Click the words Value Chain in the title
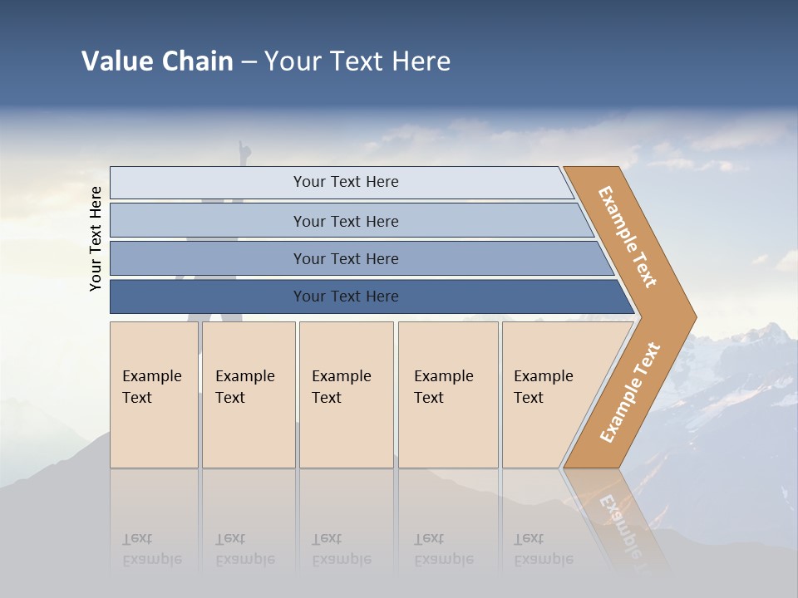point(157,61)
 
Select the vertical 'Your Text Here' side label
point(96,238)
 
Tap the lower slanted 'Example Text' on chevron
point(629,392)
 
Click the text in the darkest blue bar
point(346,297)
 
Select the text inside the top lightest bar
point(346,182)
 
